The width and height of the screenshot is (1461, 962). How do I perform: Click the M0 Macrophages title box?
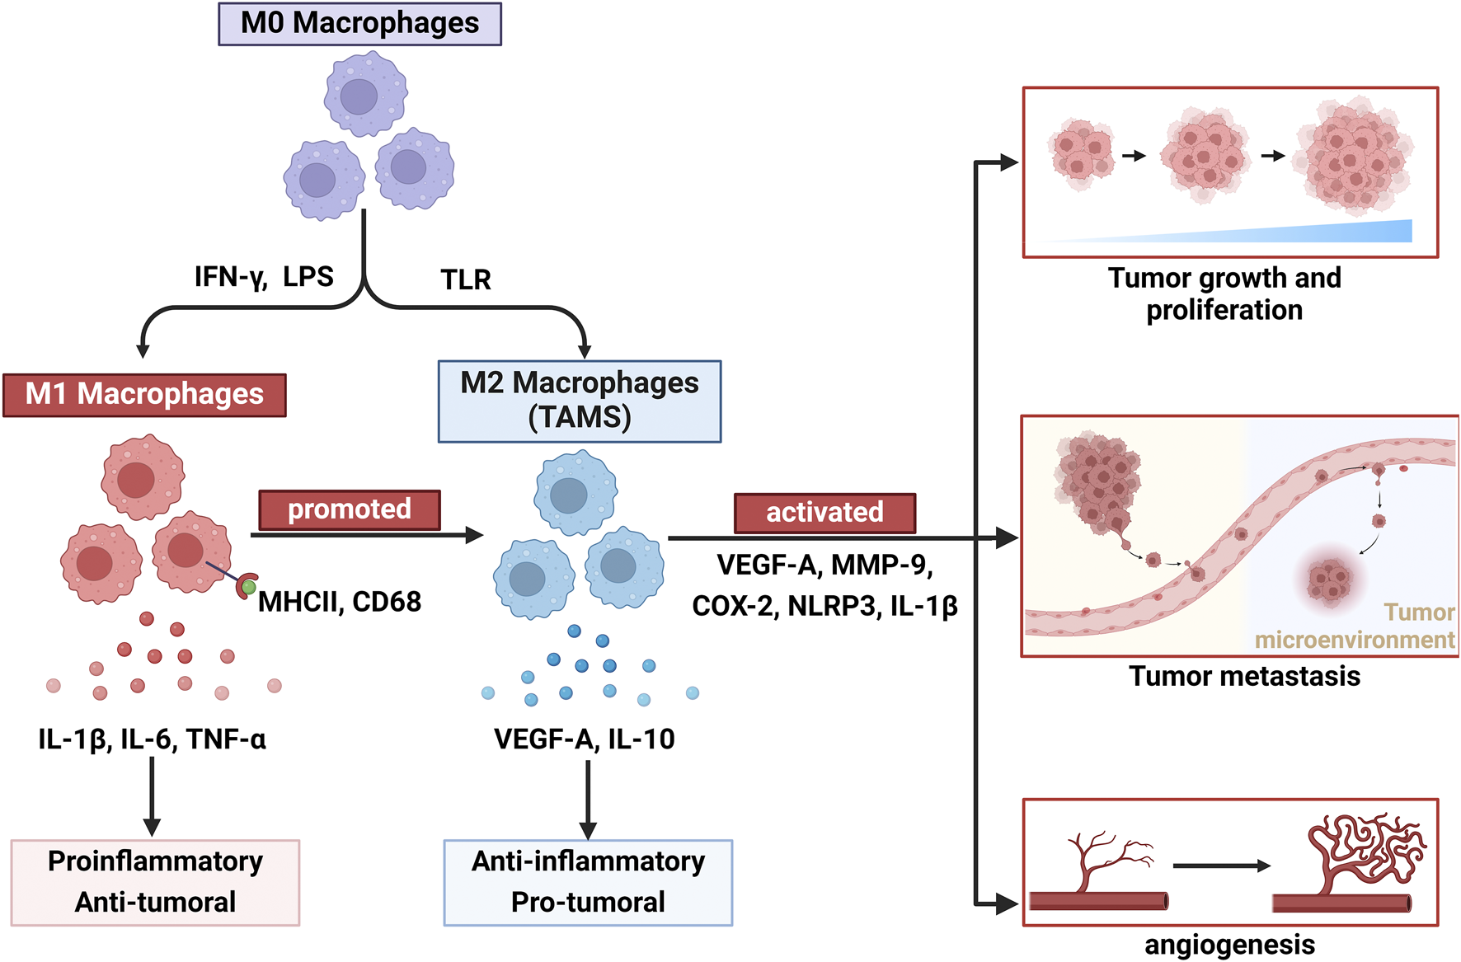[x=359, y=24]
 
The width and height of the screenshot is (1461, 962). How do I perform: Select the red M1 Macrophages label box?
[x=144, y=395]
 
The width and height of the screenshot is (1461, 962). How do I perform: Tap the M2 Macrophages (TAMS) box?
[x=579, y=401]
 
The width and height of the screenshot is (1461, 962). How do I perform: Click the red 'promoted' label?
[x=349, y=509]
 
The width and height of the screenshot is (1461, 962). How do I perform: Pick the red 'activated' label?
[x=824, y=513]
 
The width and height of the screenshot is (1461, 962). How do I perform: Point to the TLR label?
[x=466, y=280]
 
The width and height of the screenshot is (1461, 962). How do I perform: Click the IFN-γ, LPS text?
[x=264, y=277]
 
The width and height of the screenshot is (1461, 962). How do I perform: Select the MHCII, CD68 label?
[x=339, y=602]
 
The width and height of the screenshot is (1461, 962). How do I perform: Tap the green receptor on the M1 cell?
[x=247, y=587]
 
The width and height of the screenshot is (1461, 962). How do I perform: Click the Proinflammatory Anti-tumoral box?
[x=155, y=882]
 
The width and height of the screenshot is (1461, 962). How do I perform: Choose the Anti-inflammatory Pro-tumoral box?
[x=588, y=882]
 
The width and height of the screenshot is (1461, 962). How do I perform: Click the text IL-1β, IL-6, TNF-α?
[x=152, y=739]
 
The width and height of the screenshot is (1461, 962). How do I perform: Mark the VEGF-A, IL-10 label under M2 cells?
[x=584, y=739]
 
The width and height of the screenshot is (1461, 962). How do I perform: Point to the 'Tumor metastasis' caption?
[x=1244, y=677]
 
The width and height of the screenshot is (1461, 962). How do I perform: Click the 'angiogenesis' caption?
[x=1229, y=945]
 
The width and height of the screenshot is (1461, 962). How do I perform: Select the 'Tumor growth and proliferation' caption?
[x=1224, y=294]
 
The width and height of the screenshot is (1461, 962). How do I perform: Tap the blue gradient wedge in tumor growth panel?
[x=1319, y=232]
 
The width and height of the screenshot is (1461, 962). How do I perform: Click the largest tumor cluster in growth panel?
[x=1354, y=157]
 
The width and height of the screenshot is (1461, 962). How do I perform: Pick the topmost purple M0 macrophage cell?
[x=365, y=94]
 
